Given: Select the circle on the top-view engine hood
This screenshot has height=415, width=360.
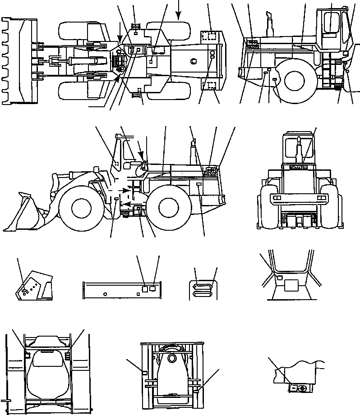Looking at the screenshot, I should pos(194,61).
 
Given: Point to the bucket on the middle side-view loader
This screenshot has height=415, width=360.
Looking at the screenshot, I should pos(27,212).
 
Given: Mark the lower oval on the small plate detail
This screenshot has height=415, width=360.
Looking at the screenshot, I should pos(202,293).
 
